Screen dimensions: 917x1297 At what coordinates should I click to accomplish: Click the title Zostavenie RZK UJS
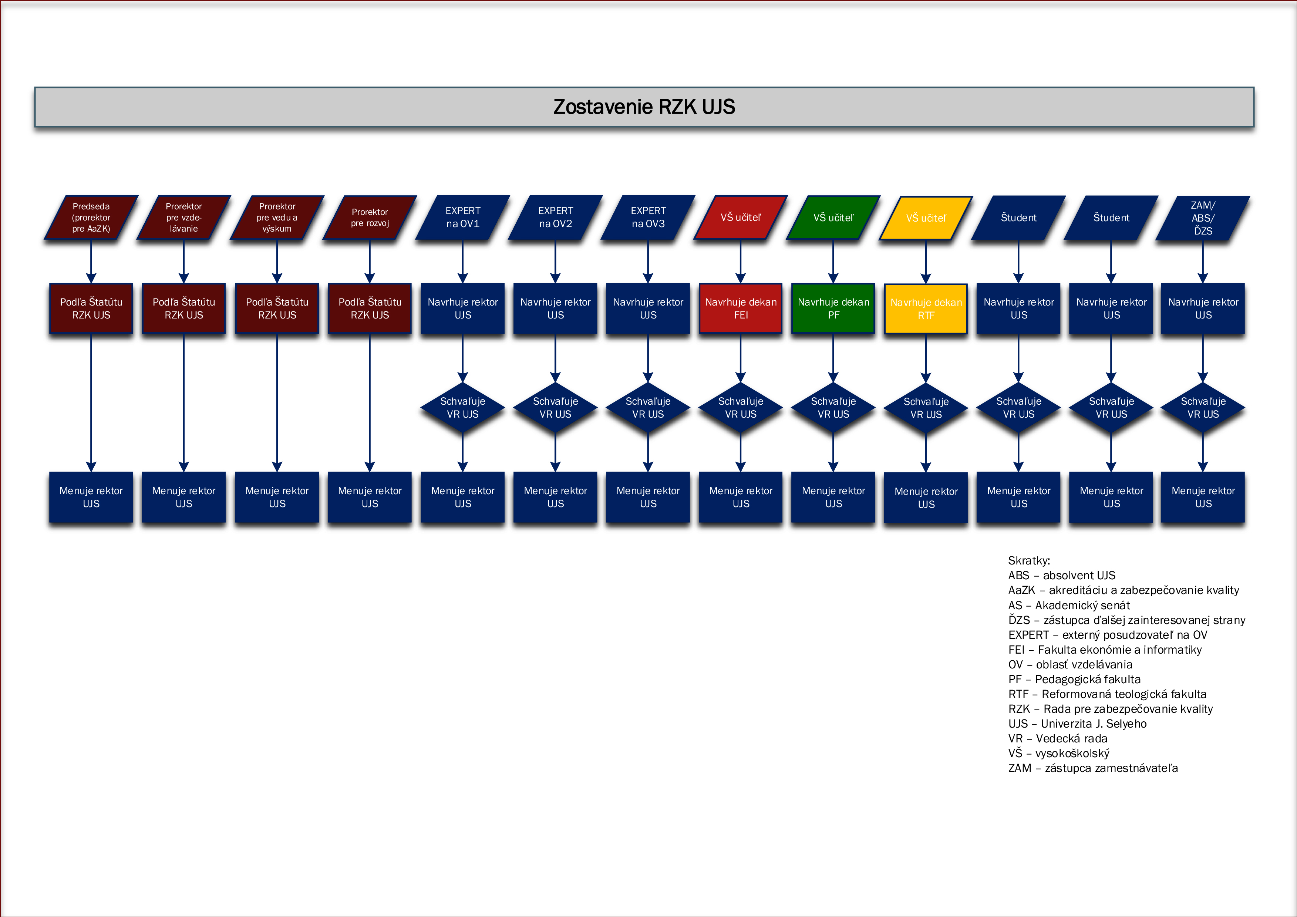pos(644,107)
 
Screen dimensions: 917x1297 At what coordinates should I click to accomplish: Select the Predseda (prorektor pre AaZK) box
pos(91,218)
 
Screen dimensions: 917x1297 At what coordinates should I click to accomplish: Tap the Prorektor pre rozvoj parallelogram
pos(370,218)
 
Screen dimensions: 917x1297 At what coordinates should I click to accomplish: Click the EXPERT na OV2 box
pos(555,218)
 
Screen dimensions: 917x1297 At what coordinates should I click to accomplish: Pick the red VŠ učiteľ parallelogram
pos(741,218)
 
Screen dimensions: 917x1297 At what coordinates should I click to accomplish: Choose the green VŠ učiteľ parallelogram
pos(833,218)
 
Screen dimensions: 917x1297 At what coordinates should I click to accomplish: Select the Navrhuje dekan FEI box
pos(741,309)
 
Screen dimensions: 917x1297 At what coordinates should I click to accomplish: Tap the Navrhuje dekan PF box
pos(833,309)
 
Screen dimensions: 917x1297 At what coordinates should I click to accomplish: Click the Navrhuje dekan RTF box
pos(926,309)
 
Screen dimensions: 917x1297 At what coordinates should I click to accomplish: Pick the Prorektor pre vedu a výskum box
pos(277,218)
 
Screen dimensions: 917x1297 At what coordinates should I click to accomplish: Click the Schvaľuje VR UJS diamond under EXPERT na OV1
pos(463,407)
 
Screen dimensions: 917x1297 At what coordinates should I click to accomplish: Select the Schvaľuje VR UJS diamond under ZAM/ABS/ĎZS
pos(1203,407)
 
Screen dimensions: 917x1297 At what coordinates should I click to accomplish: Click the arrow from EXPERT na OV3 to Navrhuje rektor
pos(648,262)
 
